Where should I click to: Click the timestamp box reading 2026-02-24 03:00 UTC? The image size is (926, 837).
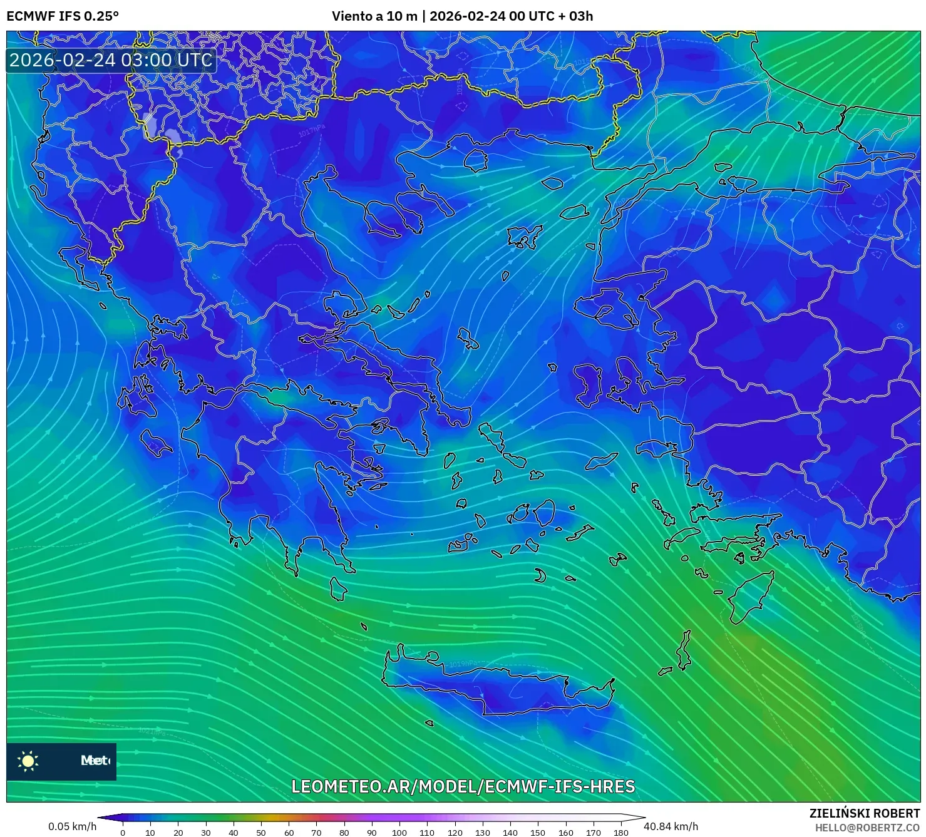click(x=111, y=60)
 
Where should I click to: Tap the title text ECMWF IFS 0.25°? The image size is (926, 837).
click(x=63, y=16)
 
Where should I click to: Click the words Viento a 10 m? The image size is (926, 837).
click(x=374, y=16)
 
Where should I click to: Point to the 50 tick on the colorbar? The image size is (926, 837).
click(x=261, y=833)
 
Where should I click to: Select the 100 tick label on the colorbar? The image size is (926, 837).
click(x=399, y=833)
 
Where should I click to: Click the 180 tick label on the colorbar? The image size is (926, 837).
click(x=620, y=833)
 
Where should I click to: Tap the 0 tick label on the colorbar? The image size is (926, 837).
click(x=123, y=833)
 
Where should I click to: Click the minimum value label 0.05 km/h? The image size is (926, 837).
click(x=72, y=826)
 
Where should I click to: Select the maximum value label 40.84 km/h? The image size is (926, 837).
click(x=671, y=826)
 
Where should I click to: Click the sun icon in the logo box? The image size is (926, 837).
click(x=28, y=761)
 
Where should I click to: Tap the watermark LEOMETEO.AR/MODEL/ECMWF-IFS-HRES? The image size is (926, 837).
click(x=463, y=786)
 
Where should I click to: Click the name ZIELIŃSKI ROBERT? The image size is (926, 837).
click(x=865, y=813)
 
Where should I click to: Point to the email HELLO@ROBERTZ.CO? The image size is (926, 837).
click(x=867, y=828)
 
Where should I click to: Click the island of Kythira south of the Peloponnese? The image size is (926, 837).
click(x=338, y=589)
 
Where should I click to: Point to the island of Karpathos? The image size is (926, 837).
click(x=684, y=651)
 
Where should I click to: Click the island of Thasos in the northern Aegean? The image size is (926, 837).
click(x=476, y=160)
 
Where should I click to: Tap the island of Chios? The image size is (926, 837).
click(x=587, y=383)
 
